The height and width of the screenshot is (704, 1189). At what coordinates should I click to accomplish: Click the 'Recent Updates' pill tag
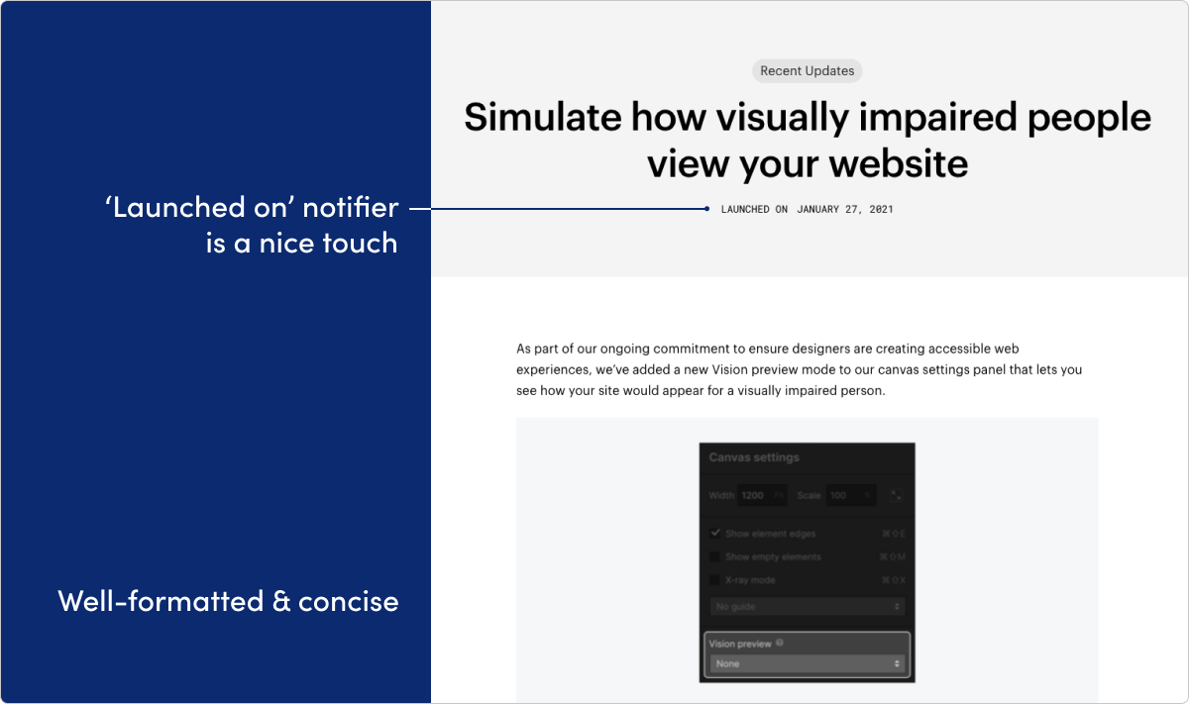point(807,71)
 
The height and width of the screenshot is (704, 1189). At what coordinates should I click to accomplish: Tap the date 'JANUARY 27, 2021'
point(844,209)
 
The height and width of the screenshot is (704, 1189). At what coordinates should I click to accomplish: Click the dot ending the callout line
point(706,209)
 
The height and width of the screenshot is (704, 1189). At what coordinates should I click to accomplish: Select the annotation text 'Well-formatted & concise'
point(228,601)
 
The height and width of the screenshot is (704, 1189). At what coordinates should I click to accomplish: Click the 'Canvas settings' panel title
point(754,457)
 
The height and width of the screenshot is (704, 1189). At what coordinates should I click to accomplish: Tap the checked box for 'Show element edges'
point(715,533)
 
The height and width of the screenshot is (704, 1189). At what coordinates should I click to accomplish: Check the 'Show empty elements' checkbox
point(715,556)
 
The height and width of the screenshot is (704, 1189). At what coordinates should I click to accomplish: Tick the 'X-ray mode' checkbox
point(715,580)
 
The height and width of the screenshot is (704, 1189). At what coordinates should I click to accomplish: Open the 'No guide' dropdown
point(807,606)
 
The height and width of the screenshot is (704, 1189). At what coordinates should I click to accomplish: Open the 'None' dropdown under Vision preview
point(807,663)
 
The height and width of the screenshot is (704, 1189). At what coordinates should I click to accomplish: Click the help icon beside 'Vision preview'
point(780,643)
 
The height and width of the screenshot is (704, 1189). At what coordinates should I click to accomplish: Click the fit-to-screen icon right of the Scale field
point(896,495)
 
